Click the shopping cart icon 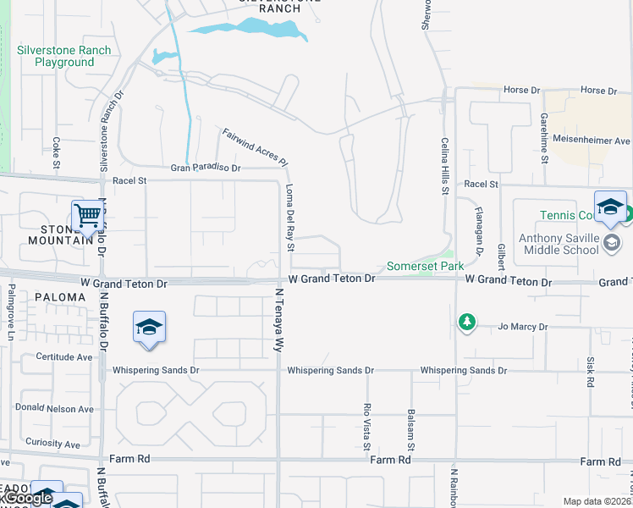click(88, 217)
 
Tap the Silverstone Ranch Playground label click(64, 57)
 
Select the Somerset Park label click(426, 266)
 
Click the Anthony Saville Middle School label click(559, 244)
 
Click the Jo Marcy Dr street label click(523, 327)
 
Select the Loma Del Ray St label click(289, 218)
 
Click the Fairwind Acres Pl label click(256, 146)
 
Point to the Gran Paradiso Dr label click(206, 168)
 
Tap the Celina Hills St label click(443, 167)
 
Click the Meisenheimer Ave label click(592, 141)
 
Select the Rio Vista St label click(366, 427)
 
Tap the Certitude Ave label click(64, 357)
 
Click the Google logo click(27, 499)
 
